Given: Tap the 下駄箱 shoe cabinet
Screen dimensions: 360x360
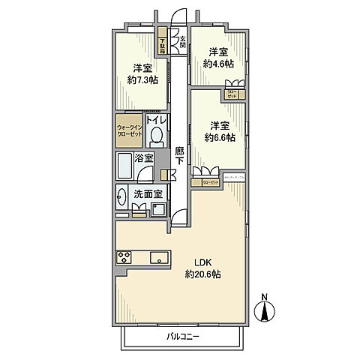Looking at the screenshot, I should (x=162, y=44).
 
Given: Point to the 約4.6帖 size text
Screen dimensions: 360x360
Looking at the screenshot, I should (x=217, y=64).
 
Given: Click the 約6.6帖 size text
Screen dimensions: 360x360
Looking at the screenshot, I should (x=218, y=137).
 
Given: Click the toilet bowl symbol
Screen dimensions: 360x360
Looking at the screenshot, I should (x=156, y=135).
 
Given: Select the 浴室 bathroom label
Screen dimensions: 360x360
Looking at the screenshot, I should (x=144, y=158).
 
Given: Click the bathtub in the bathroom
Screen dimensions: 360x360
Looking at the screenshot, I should (x=124, y=164).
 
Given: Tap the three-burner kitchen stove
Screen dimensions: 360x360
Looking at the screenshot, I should (x=124, y=257).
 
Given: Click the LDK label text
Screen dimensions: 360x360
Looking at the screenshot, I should (x=204, y=262).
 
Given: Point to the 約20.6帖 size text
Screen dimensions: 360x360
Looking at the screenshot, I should (x=204, y=274).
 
